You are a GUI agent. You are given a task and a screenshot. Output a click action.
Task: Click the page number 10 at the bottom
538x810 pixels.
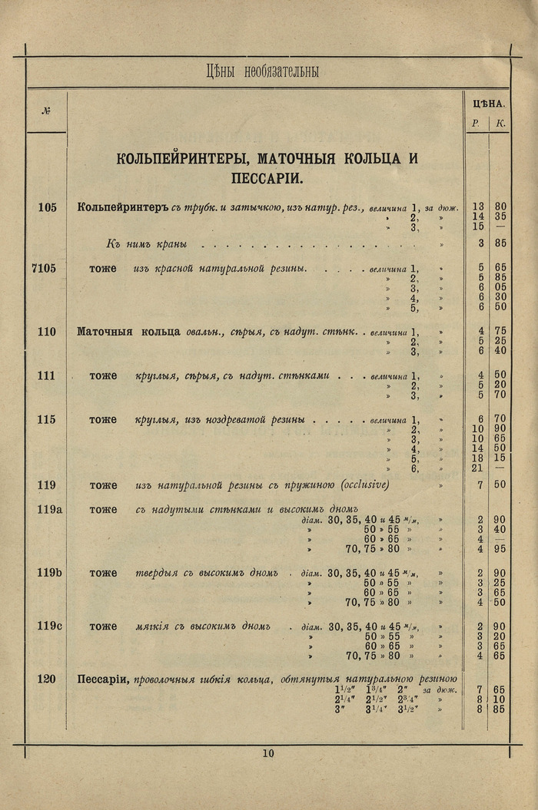pyautogui.click(x=267, y=753)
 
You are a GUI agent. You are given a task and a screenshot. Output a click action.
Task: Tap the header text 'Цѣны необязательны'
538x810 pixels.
pyautogui.click(x=263, y=72)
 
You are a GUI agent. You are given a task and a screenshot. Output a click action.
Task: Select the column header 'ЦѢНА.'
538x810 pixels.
pyautogui.click(x=487, y=103)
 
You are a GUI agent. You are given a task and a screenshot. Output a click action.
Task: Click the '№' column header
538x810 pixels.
pyautogui.click(x=46, y=110)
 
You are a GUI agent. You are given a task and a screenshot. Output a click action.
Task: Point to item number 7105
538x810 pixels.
pyautogui.click(x=44, y=268)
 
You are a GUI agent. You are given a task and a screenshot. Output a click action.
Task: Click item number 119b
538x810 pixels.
pyautogui.click(x=48, y=573)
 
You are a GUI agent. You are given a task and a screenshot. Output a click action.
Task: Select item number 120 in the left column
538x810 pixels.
pyautogui.click(x=46, y=679)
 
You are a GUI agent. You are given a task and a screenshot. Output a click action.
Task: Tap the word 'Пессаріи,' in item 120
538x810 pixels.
pyautogui.click(x=103, y=679)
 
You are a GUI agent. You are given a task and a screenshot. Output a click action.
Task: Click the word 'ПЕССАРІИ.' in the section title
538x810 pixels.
pyautogui.click(x=267, y=179)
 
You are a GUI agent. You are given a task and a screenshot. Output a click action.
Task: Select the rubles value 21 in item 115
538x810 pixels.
pyautogui.click(x=478, y=468)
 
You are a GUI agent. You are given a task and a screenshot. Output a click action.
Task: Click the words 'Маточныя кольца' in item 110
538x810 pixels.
pyautogui.click(x=128, y=332)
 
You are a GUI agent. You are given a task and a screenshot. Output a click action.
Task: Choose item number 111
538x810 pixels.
pyautogui.click(x=46, y=375)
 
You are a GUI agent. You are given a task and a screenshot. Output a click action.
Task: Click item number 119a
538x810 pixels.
pyautogui.click(x=48, y=509)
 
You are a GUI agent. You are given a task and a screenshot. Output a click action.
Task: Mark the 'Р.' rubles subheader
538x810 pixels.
pyautogui.click(x=477, y=123)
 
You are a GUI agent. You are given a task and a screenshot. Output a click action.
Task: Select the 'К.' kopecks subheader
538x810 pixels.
pyautogui.click(x=500, y=123)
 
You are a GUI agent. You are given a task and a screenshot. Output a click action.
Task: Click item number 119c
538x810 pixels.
pyautogui.click(x=48, y=626)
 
